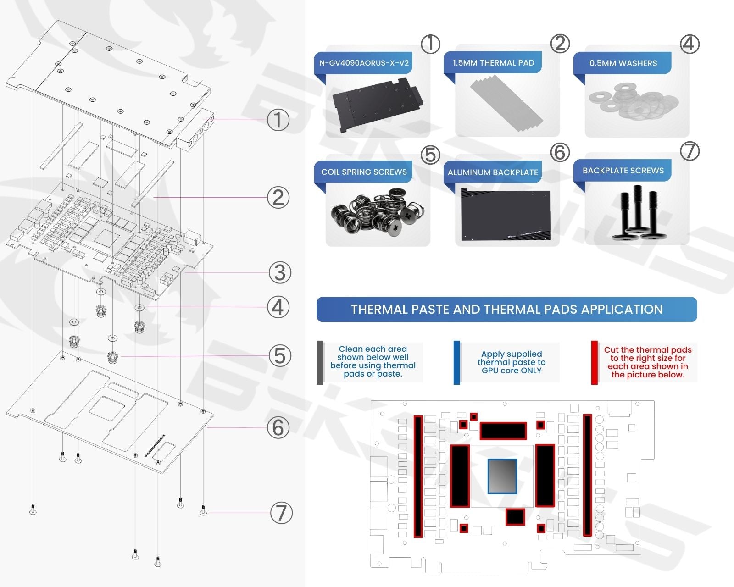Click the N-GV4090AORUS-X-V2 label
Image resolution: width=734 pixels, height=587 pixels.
[364, 63]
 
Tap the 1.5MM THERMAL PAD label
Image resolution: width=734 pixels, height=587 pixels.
[493, 63]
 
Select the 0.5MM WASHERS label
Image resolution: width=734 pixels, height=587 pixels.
[623, 63]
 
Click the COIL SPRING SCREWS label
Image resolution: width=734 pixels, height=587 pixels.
[364, 172]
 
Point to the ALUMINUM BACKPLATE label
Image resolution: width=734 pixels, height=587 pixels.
[493, 172]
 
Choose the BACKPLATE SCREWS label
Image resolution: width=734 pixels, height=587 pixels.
[623, 171]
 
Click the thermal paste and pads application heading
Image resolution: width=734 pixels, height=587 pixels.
[506, 310]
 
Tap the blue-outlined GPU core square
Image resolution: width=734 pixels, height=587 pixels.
[502, 476]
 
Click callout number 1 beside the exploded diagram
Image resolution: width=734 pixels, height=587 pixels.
[278, 120]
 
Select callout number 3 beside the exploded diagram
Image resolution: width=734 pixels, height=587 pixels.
[279, 272]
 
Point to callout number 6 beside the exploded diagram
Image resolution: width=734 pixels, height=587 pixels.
[278, 427]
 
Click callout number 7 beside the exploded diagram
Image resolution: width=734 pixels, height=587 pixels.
[281, 513]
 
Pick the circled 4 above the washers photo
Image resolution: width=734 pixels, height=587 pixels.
[690, 44]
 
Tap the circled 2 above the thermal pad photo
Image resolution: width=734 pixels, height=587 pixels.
[560, 44]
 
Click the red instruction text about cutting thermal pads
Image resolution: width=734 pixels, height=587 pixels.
[647, 362]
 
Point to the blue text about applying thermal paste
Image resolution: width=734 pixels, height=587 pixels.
[511, 362]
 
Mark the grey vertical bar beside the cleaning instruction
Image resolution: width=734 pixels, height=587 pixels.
[320, 362]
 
